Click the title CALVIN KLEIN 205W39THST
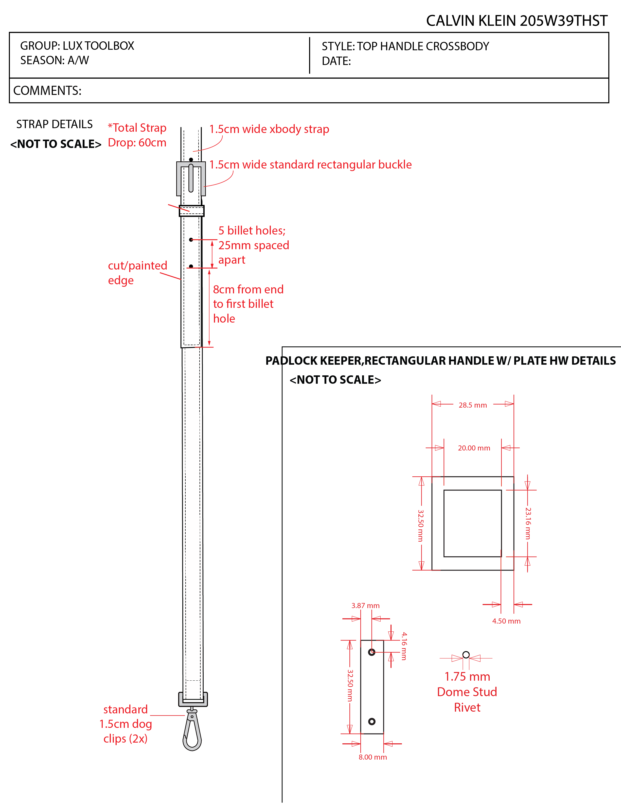(517, 21)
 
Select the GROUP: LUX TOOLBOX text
(77, 46)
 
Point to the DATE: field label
(336, 61)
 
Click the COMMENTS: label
(47, 91)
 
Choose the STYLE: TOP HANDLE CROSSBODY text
(405, 46)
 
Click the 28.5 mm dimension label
(473, 405)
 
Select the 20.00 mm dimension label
(474, 448)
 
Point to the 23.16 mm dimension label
(528, 523)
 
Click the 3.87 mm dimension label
(365, 606)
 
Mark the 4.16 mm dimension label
(404, 646)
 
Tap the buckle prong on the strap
(191, 178)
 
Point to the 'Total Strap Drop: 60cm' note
(137, 135)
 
